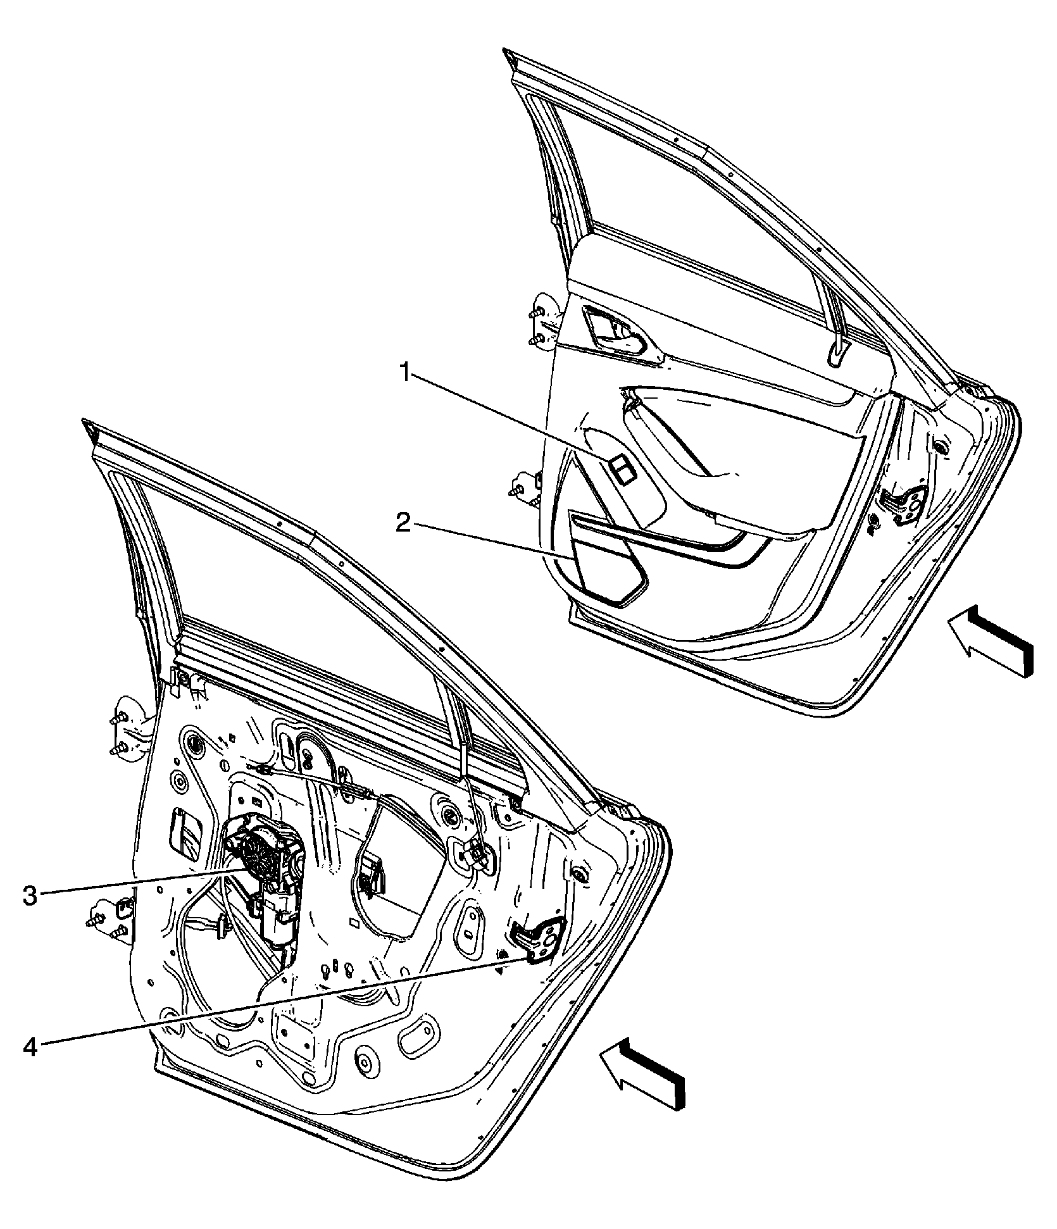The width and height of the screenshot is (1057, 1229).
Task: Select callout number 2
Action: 404,524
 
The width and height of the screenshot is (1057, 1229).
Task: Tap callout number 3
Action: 30,896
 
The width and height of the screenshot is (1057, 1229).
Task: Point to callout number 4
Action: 30,1047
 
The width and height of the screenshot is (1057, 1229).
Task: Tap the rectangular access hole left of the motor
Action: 185,833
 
